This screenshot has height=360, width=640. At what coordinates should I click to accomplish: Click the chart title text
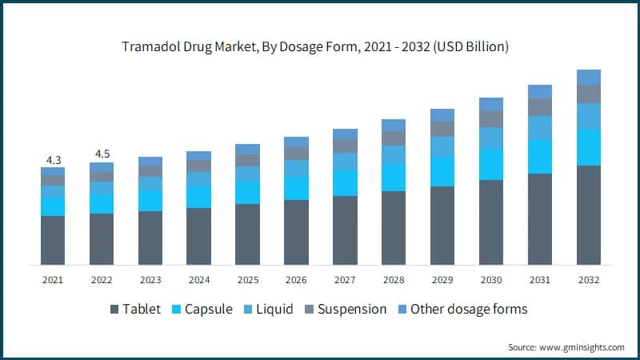pyautogui.click(x=320, y=47)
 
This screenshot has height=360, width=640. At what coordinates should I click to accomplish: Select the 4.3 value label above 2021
pyautogui.click(x=53, y=159)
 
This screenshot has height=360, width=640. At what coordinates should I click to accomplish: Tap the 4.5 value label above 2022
pyautogui.click(x=102, y=154)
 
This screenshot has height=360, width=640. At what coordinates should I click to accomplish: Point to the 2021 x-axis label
pyautogui.click(x=53, y=280)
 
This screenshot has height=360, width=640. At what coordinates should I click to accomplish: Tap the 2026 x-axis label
pyautogui.click(x=296, y=280)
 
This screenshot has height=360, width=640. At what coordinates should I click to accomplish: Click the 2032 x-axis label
pyautogui.click(x=588, y=280)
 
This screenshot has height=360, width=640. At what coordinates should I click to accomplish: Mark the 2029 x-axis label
pyautogui.click(x=442, y=280)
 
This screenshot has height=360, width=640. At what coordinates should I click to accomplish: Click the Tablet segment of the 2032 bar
pyautogui.click(x=588, y=215)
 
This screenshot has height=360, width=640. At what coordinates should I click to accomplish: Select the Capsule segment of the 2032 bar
pyautogui.click(x=588, y=147)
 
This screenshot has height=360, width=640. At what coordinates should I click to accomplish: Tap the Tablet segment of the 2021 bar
pyautogui.click(x=53, y=240)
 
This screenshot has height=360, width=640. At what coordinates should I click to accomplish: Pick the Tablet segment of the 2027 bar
pyautogui.click(x=345, y=230)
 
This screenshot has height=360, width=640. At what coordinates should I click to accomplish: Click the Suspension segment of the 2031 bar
pyautogui.click(x=540, y=106)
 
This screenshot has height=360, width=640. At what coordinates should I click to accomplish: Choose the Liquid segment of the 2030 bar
pyautogui.click(x=491, y=138)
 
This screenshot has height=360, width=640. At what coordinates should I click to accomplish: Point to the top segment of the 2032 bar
pyautogui.click(x=588, y=77)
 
